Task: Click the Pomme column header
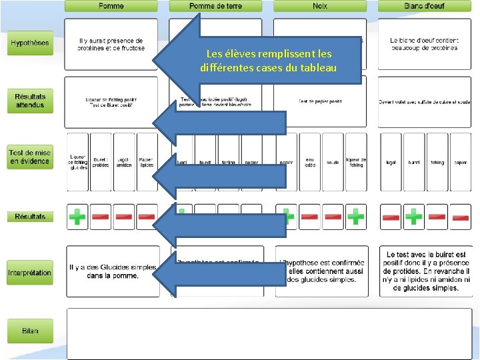tap(111, 6)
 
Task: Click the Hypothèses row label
tap(29, 43)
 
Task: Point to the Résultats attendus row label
tap(29, 101)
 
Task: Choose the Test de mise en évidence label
tap(29, 157)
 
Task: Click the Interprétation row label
tap(29, 273)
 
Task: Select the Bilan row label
tap(29, 331)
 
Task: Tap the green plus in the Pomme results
tap(77, 217)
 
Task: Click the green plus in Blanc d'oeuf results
tap(413, 217)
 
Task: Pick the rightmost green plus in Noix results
tap(355, 217)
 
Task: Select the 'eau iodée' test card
tap(309, 162)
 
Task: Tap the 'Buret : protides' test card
tap(101, 162)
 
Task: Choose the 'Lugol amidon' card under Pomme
tap(123, 162)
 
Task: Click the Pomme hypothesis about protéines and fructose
tap(111, 45)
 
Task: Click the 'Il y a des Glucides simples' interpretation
tap(112, 271)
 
